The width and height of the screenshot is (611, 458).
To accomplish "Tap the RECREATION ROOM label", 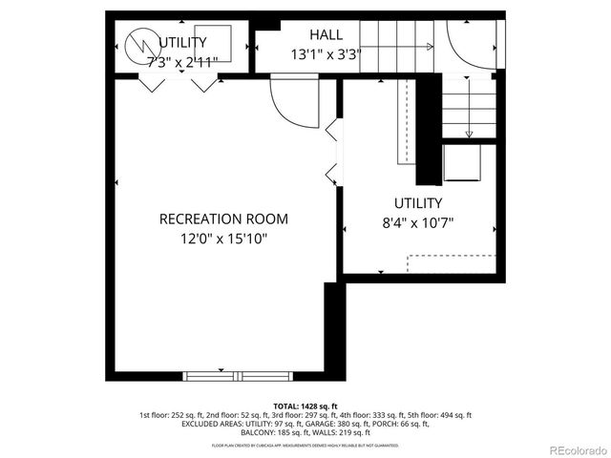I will (x=223, y=219).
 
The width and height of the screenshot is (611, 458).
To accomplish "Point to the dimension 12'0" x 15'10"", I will (x=223, y=239).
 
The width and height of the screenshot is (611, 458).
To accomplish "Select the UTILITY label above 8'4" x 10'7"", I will (x=418, y=202).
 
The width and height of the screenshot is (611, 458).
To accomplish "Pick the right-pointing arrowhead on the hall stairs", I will (x=429, y=46).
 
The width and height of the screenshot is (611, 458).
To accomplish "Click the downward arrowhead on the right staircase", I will (x=469, y=132).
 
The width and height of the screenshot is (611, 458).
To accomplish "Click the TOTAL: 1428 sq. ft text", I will (x=305, y=406).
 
